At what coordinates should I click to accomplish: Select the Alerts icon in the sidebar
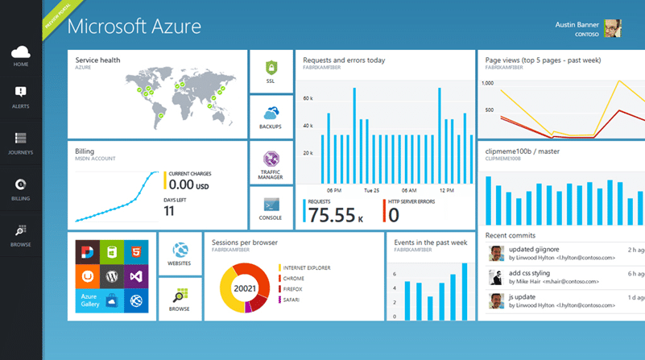[x=21, y=93]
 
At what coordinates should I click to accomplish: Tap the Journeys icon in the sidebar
[x=21, y=139]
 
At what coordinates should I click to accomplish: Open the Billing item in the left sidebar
[x=21, y=184]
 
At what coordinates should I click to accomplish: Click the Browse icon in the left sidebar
[x=21, y=230]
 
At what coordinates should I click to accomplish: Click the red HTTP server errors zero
[x=394, y=214]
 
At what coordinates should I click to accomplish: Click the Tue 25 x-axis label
[x=372, y=191]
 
